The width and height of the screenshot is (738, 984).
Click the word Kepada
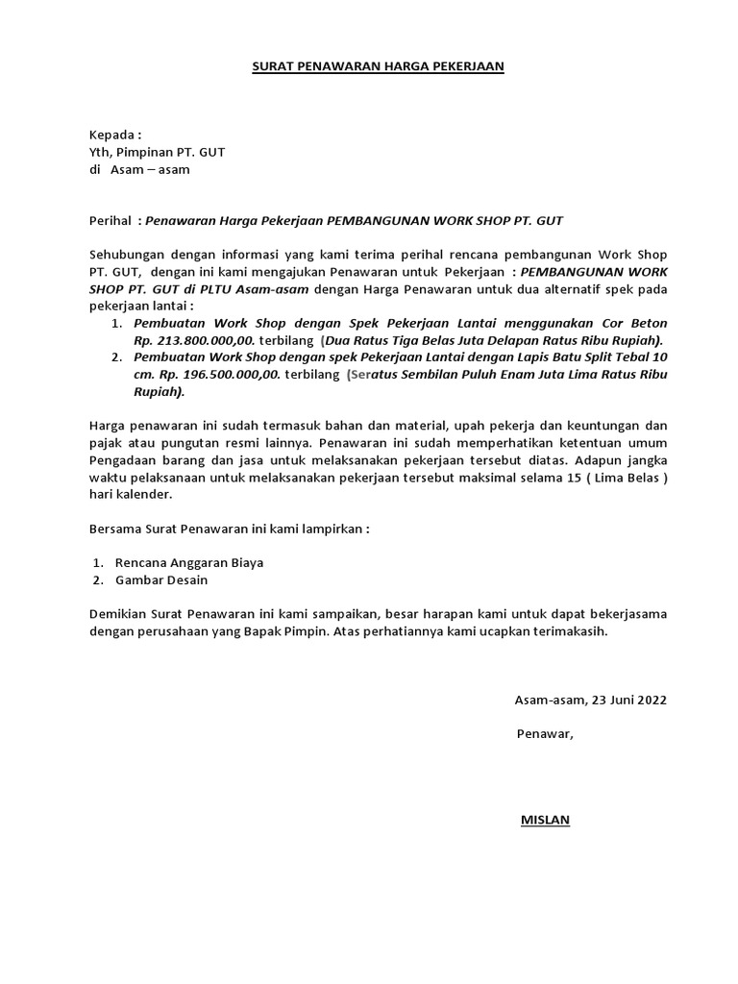pyautogui.click(x=114, y=135)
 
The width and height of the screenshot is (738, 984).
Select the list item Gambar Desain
pyautogui.click(x=160, y=579)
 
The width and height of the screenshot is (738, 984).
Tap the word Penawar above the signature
pyautogui.click(x=544, y=734)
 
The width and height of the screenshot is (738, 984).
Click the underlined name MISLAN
pyautogui.click(x=545, y=820)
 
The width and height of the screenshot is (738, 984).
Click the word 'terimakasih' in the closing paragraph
pyautogui.click(x=573, y=632)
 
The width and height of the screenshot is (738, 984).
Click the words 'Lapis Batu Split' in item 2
pyautogui.click(x=546, y=357)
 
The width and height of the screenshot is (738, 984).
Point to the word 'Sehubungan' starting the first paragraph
pyautogui.click(x=125, y=255)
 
